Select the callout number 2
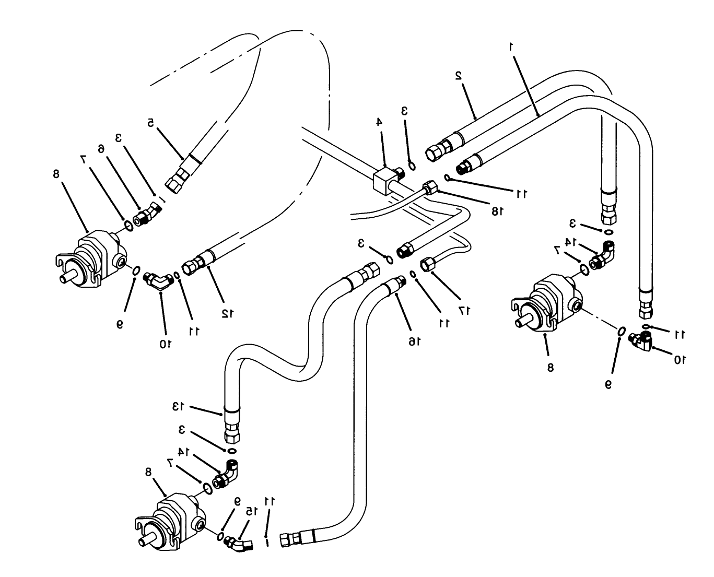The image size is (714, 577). [x=459, y=75]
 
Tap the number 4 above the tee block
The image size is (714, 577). [x=379, y=122]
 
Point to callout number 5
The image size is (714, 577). [x=150, y=123]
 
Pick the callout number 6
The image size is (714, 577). [x=101, y=149]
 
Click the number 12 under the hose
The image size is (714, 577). [x=226, y=313]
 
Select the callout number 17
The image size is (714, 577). [x=465, y=310]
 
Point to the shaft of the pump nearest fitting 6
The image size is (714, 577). [x=66, y=278]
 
